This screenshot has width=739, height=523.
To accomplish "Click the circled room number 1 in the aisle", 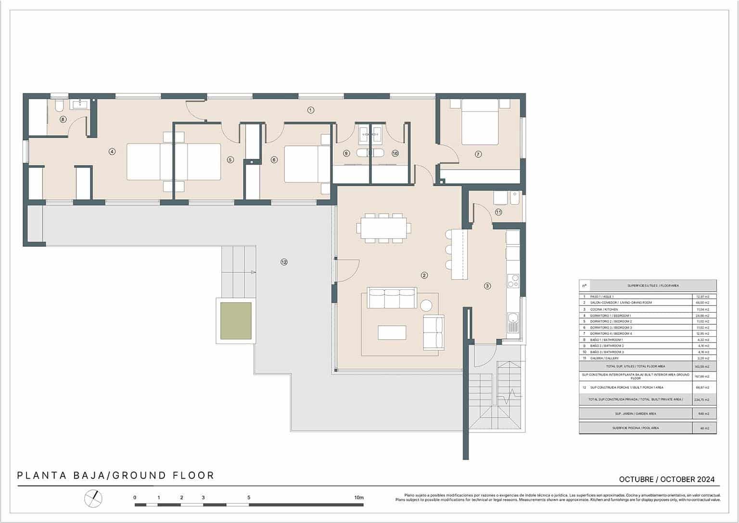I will (x=310, y=110).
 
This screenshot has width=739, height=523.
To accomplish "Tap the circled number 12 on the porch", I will (x=284, y=262).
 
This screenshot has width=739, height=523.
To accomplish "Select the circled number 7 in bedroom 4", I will (x=478, y=154).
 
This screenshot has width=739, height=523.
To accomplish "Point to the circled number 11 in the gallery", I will (x=498, y=212).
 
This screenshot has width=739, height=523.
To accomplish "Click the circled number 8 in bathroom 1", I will (x=63, y=119).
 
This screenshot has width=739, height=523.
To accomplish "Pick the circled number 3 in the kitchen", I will (x=487, y=286).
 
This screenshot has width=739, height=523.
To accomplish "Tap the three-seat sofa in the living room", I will (x=392, y=299).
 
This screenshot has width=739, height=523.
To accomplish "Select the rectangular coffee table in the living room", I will (x=392, y=332).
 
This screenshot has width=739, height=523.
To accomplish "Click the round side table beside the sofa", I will (x=426, y=305).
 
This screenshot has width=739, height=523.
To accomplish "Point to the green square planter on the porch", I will (x=236, y=320).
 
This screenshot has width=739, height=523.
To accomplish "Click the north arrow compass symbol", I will (x=94, y=498).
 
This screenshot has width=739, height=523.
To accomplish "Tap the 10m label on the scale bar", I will (x=358, y=497).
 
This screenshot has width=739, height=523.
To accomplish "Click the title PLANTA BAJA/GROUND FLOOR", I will (x=115, y=476).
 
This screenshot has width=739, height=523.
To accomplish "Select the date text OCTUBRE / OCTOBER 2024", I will (x=666, y=479).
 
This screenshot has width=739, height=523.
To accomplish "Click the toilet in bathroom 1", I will (x=59, y=105).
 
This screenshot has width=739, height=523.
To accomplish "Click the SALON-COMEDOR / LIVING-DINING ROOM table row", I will (x=647, y=303).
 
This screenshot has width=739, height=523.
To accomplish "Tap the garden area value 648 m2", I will (x=704, y=414).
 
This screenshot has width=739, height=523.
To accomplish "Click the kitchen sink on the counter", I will (x=513, y=319).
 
